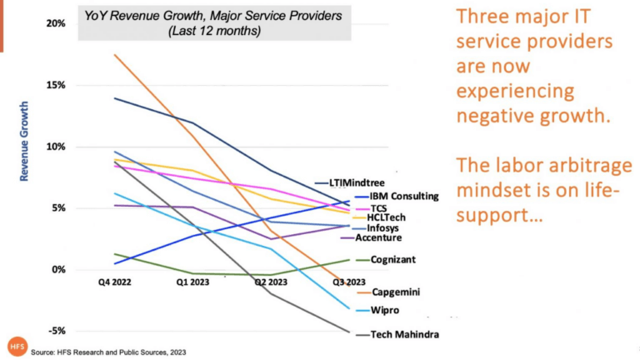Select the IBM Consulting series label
click(404, 196)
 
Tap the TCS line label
click(379, 207)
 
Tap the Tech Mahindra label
click(403, 334)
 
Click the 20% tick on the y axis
click(54, 23)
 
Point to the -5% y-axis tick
click(56, 331)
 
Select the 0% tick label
click(57, 269)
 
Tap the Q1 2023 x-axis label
click(192, 282)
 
